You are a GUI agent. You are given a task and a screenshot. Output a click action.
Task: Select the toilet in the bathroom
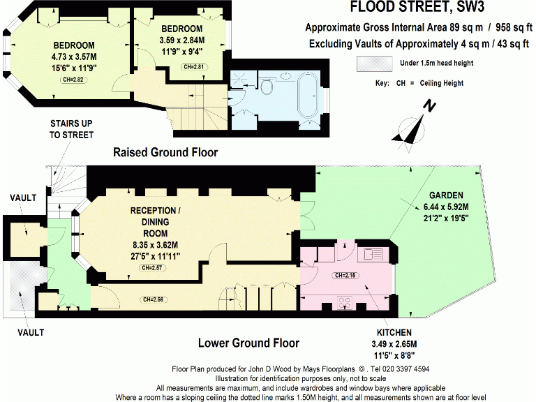point(267,84)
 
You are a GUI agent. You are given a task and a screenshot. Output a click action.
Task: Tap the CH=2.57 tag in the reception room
point(151,267)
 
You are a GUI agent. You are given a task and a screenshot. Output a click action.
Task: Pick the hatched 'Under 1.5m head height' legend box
point(374,64)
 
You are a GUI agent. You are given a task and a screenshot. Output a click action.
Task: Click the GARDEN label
point(447,195)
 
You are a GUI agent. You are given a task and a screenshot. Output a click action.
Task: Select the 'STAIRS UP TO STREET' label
point(71,129)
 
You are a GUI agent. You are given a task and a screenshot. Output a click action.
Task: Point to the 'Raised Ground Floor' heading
point(165,152)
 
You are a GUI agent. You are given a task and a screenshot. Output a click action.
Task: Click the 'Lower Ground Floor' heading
point(248,343)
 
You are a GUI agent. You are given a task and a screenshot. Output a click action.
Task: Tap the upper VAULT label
point(23,198)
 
